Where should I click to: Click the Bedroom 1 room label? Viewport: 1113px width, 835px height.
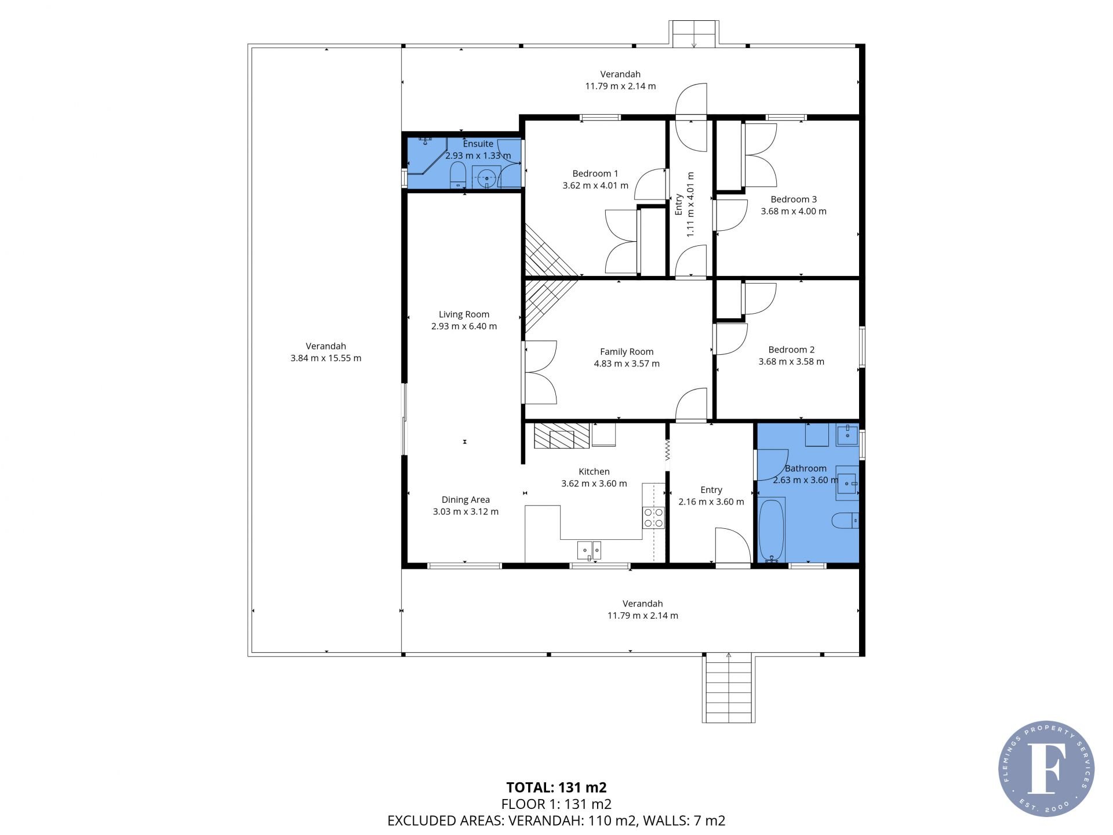(x=595, y=173)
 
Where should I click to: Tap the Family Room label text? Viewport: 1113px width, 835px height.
(x=627, y=351)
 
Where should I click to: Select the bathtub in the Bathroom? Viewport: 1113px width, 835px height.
(x=772, y=531)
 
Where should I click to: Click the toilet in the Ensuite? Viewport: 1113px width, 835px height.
(x=458, y=175)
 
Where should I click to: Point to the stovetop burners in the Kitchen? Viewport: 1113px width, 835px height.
(x=653, y=517)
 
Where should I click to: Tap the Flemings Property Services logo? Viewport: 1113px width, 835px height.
(x=1046, y=769)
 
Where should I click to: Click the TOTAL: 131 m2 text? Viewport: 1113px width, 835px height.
(x=556, y=787)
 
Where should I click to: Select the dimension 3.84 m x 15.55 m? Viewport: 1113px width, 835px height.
(x=326, y=358)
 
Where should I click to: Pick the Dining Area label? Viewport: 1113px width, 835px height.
(x=465, y=499)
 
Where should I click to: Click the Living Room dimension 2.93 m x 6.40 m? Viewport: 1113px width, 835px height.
(x=464, y=326)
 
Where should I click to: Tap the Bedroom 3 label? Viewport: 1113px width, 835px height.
(x=794, y=199)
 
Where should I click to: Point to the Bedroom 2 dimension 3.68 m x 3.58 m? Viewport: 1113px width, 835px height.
(x=791, y=362)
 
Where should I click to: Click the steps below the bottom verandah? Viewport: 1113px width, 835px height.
(x=729, y=688)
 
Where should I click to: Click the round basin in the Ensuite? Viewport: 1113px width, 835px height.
(x=486, y=177)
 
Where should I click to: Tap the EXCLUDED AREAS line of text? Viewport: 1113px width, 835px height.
(x=556, y=821)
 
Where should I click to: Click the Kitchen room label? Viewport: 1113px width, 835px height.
(x=594, y=471)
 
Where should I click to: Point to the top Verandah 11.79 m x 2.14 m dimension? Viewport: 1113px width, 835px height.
(x=620, y=86)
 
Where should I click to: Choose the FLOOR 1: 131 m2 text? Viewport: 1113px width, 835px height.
(x=556, y=804)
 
